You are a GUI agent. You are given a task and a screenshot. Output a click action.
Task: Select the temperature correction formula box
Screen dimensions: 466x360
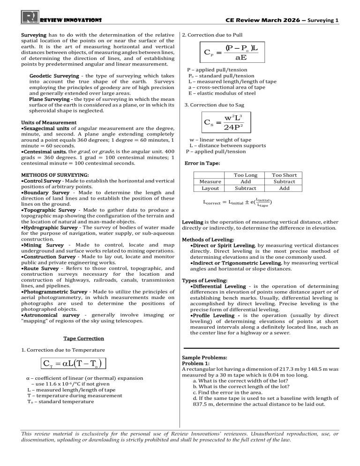point(65,363)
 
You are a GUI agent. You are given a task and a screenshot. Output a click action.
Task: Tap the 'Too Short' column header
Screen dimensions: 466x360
point(284,175)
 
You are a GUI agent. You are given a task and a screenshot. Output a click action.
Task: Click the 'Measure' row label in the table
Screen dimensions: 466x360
point(210,181)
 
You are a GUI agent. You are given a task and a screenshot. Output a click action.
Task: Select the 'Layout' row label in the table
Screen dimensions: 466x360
point(210,188)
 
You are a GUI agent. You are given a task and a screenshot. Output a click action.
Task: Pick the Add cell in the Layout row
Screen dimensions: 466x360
point(284,188)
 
